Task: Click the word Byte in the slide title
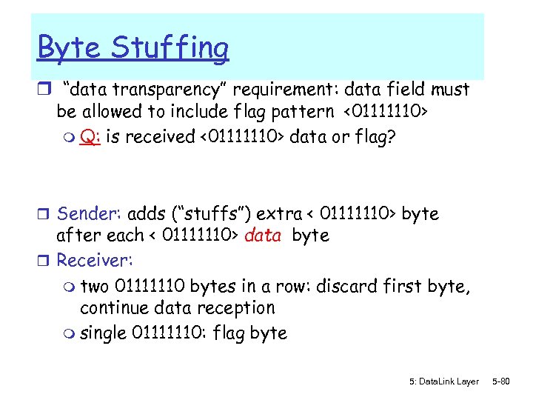point(68,47)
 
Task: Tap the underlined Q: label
point(91,139)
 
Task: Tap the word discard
point(344,285)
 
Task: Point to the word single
point(103,333)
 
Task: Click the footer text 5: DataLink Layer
point(443,381)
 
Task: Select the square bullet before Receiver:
point(45,261)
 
